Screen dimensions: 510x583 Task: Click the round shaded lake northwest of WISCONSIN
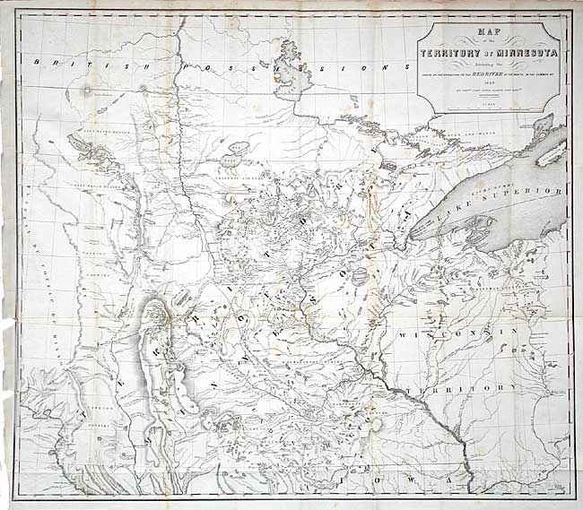coord(361,277)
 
